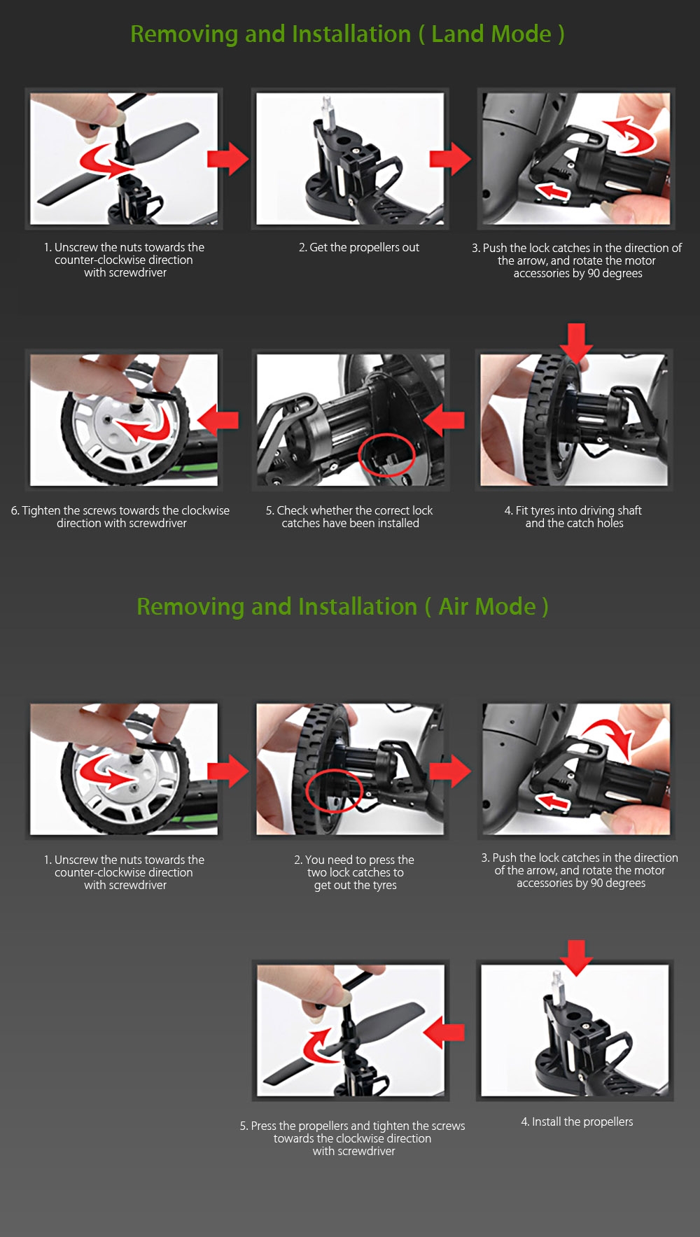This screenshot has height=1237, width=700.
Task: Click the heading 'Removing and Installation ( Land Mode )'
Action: pos(347,34)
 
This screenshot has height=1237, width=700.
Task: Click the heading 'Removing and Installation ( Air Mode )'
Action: pos(342,606)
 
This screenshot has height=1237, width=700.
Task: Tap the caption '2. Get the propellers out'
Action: pos(359,247)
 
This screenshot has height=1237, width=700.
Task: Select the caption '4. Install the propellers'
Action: pos(577,1121)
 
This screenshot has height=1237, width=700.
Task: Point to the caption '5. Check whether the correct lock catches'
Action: pos(349,517)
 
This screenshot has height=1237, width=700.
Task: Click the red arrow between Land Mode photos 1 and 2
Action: pos(228,159)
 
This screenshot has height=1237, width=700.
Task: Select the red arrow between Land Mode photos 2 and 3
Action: pos(450,159)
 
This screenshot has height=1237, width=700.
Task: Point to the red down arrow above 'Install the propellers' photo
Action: pos(576,958)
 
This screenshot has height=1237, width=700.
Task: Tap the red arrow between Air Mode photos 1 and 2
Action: pos(228,771)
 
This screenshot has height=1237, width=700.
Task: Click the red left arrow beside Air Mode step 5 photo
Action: pos(444,1032)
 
